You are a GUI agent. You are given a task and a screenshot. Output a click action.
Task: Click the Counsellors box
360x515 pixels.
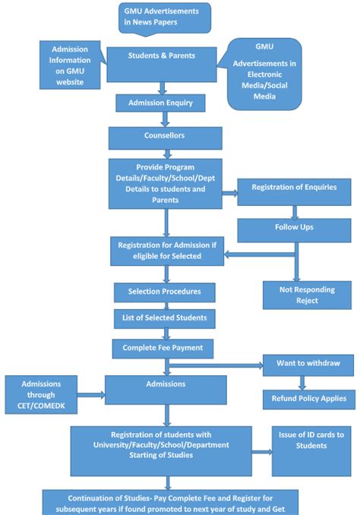[165, 137]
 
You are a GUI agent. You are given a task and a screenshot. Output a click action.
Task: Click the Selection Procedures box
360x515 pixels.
[165, 292]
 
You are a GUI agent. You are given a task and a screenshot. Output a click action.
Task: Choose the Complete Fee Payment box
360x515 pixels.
[163, 349]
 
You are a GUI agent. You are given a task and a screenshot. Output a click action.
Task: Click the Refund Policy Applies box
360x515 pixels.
[308, 397]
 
